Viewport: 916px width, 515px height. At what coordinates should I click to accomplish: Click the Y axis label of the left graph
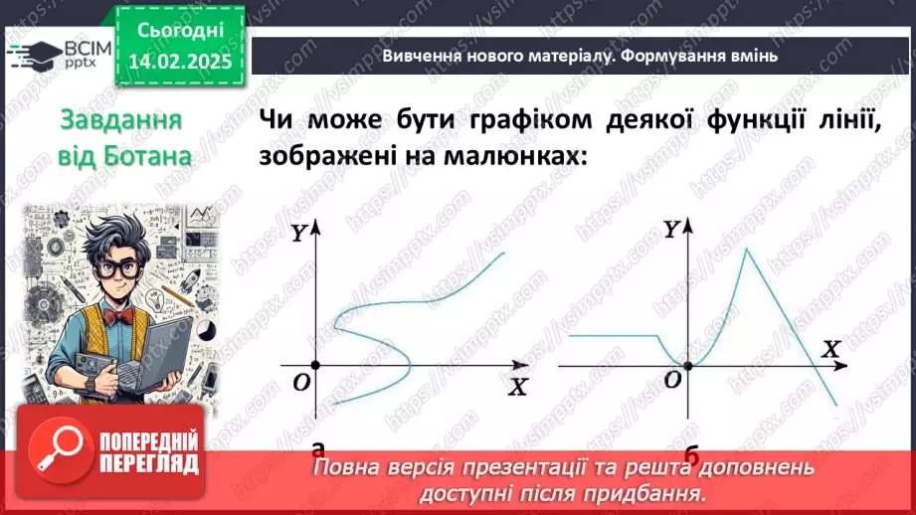[298, 235]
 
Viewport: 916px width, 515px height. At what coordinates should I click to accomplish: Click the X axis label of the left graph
[517, 387]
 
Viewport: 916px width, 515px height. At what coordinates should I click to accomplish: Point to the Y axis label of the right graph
[671, 230]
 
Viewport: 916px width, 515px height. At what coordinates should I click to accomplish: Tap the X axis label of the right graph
[831, 349]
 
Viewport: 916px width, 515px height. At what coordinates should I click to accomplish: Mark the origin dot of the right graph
[686, 365]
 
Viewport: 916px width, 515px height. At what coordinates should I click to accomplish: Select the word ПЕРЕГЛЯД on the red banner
[148, 464]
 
